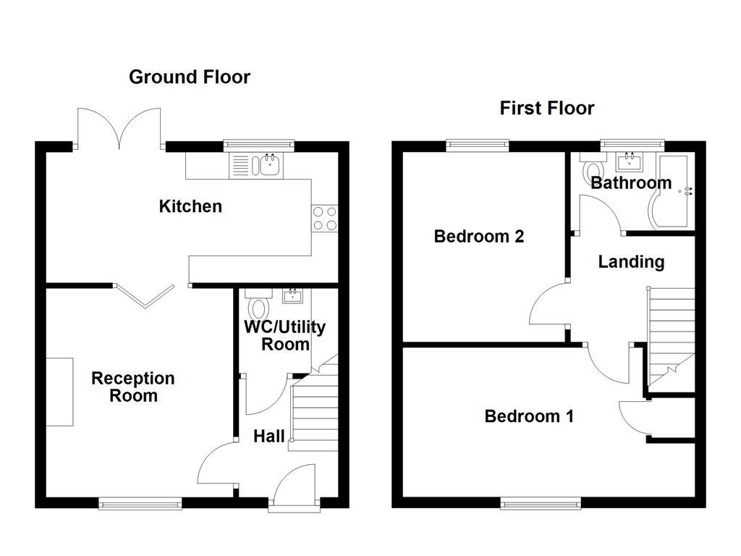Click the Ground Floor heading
190,77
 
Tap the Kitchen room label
190,206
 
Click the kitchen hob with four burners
324,218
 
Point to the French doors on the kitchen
119,129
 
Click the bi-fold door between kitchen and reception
145,295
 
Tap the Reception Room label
133,387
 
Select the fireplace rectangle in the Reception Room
60,392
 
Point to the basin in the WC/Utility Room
294,295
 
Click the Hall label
268,437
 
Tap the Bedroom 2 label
478,237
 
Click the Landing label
631,262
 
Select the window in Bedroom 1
541,503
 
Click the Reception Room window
140,503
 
